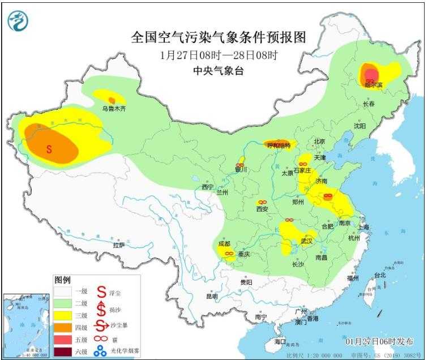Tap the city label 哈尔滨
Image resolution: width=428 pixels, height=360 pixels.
point(373,85)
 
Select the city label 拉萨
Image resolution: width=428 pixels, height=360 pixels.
point(118,245)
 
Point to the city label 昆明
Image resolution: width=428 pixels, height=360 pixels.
point(212,296)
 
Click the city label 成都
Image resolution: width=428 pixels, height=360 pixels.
point(224,244)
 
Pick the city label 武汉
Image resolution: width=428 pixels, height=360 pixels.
point(307,241)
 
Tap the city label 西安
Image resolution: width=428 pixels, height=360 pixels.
point(262,209)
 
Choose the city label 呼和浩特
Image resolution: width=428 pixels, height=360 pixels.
point(278,145)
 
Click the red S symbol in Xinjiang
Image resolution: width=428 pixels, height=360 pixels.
point(49,149)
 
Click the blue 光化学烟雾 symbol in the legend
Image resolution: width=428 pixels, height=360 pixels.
point(101,352)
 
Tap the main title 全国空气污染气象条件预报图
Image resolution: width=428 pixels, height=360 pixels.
point(219,38)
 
